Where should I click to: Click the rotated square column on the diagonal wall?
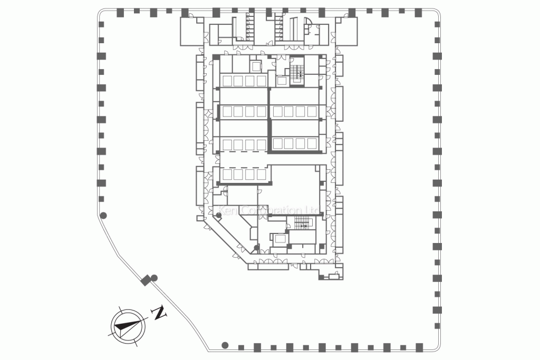tap(146, 280)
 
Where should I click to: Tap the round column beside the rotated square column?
tap(155, 278)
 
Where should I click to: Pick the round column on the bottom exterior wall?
tap(225, 345)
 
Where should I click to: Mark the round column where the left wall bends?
tap(104, 215)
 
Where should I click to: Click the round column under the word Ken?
tap(219, 215)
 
